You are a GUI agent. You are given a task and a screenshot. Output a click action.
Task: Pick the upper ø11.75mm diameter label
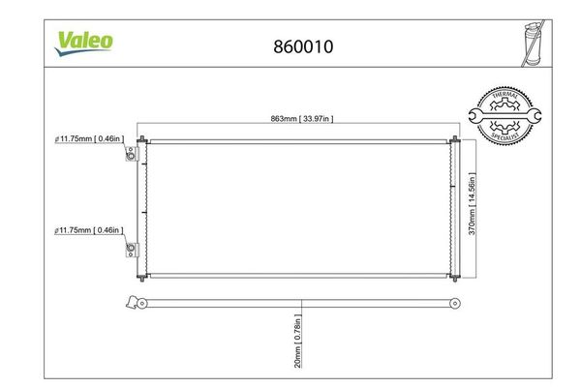pos(90,139)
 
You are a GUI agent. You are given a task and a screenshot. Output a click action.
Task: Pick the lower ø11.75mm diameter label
pos(90,230)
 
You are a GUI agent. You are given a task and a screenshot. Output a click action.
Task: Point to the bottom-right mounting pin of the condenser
pos(453,278)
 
